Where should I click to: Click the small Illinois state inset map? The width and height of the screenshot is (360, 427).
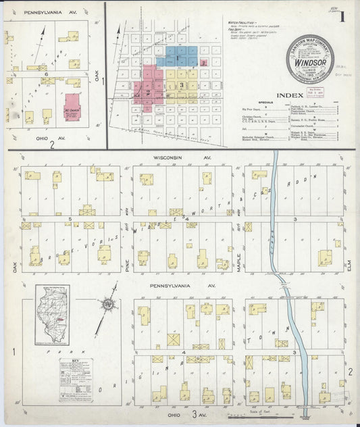point(53,314)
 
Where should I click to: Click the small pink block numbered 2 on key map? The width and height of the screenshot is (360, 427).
point(203,62)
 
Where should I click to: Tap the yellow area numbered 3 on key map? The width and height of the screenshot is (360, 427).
point(182,84)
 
